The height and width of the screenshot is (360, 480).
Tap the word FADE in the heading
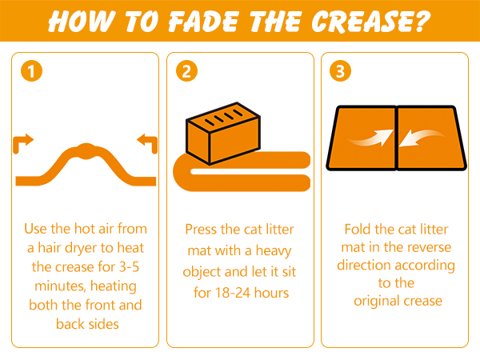coord(203,22)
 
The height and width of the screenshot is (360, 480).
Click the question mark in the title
coord(422,21)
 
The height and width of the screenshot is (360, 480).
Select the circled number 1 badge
coord(31,71)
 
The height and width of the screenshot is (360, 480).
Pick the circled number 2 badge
coord(186,71)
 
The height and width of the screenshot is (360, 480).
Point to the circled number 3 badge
coord(341,71)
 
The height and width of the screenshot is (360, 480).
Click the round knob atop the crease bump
coord(86,151)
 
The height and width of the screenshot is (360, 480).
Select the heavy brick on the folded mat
coord(223,134)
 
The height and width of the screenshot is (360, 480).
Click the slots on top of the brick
coord(224,118)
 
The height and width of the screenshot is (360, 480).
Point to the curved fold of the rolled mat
coord(182,172)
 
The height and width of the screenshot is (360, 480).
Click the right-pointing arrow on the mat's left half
coord(371,138)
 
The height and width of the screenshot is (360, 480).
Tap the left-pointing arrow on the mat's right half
coord(422,138)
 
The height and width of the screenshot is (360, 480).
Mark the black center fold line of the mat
coord(397,138)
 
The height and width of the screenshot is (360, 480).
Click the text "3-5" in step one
coord(129,267)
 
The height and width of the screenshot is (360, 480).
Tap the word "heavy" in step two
coord(274,251)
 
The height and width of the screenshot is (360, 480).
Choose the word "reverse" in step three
coord(431,247)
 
